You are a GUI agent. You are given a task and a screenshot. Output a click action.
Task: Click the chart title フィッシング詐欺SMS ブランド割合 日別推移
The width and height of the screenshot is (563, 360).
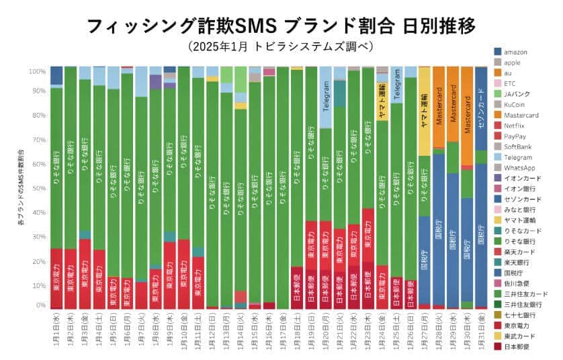coord(281,26)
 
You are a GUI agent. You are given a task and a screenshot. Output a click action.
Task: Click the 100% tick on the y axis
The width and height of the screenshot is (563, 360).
coord(37,71)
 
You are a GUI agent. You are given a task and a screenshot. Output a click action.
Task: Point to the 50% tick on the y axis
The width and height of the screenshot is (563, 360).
coord(38,188)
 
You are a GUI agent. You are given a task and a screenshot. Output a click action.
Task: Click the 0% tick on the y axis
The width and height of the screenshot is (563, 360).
coord(40,306)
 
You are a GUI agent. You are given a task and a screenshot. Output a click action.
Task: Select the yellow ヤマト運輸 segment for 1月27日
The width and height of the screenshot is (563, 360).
coord(425,111)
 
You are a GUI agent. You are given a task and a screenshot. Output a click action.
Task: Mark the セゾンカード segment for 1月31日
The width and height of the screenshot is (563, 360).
coord(480,107)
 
